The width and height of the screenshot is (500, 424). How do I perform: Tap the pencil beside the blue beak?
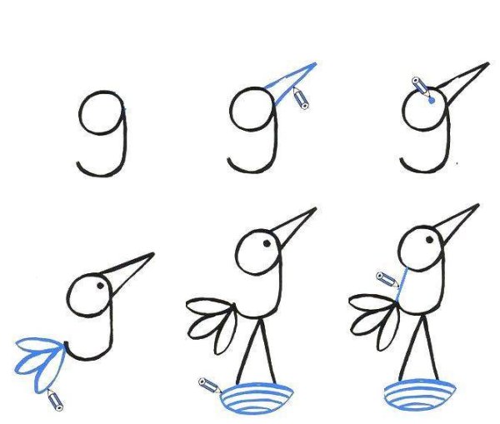point(301,99)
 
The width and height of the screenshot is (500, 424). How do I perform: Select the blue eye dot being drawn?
point(432,101)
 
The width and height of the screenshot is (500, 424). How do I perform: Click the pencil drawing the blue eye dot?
point(421,86)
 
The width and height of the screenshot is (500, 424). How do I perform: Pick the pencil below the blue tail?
point(55,400)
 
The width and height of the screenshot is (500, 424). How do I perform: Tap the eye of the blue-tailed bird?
point(101,286)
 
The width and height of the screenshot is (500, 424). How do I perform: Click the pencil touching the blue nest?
point(209,385)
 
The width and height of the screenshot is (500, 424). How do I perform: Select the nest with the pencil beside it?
point(256,398)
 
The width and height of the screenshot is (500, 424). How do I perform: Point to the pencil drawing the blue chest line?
point(387,279)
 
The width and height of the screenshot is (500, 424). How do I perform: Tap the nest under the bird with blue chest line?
point(420,395)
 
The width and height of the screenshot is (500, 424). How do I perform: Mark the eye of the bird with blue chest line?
point(429,239)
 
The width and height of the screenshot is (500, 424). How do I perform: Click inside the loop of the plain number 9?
point(102,112)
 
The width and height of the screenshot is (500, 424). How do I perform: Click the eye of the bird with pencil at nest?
point(267,243)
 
